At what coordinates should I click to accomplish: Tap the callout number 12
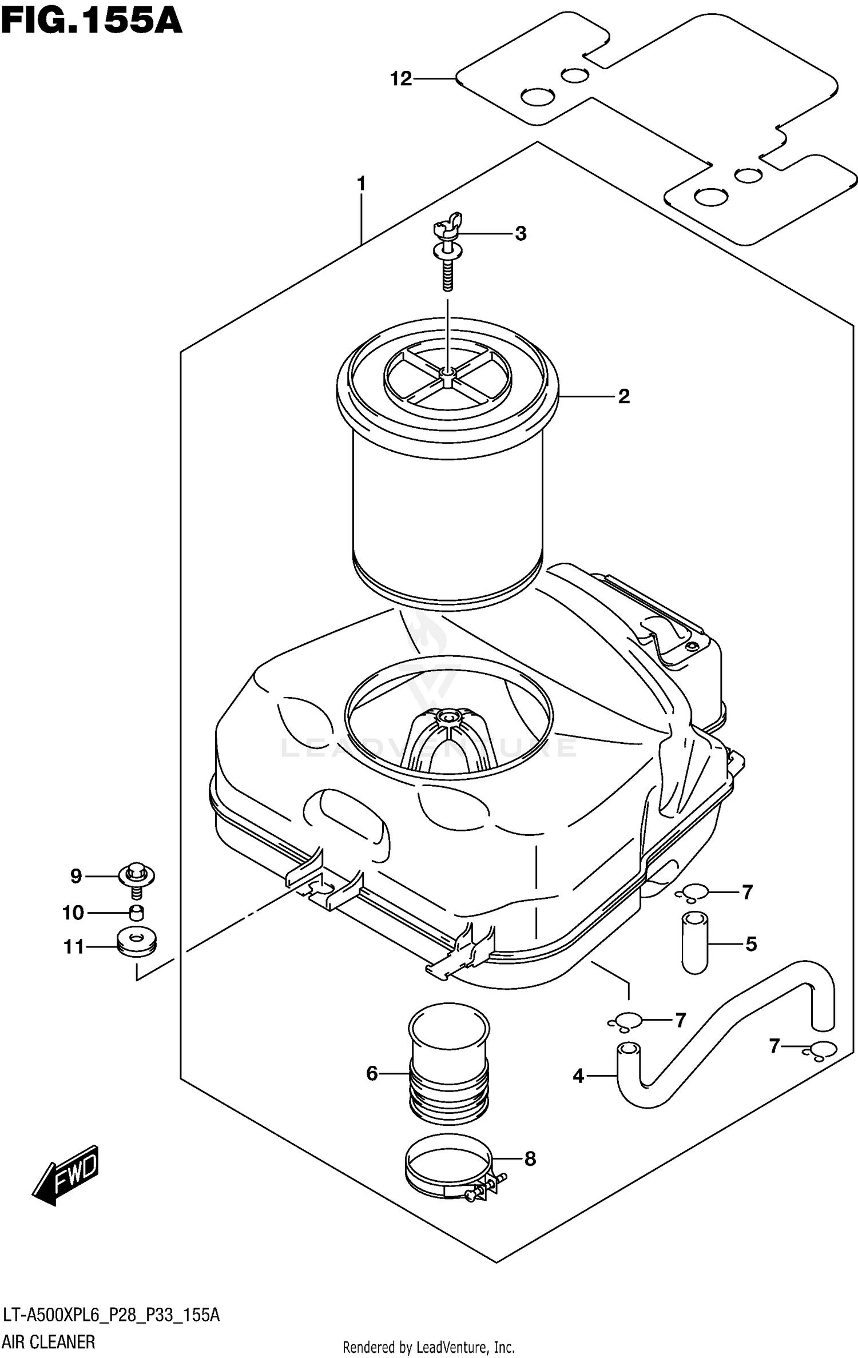[x=401, y=79]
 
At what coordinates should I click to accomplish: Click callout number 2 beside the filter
[x=623, y=396]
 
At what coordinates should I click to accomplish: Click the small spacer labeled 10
[x=136, y=913]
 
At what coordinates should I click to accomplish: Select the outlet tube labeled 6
[x=449, y=1073]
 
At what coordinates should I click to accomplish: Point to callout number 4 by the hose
[x=578, y=1076]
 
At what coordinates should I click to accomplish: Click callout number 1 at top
[x=361, y=184]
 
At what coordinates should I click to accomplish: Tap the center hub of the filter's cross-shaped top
[x=447, y=373]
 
